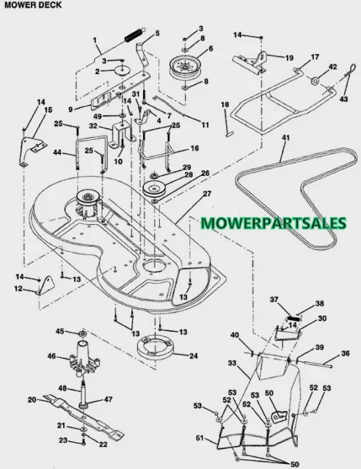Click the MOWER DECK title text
click(33, 5)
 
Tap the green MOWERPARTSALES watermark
click(274, 223)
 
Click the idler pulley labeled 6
click(185, 67)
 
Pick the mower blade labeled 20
click(84, 416)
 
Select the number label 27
click(207, 193)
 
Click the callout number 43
click(344, 98)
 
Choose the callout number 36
click(345, 353)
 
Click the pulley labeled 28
click(154, 189)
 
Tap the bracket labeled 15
click(32, 152)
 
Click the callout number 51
click(200, 438)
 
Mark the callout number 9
click(70, 109)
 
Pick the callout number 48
click(62, 389)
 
